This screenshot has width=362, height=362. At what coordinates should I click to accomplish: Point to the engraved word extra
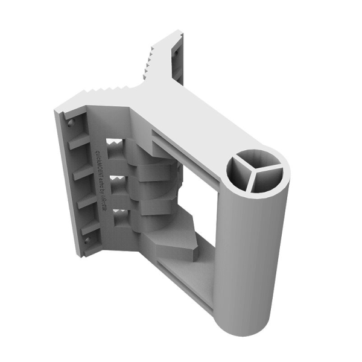pos(101,181)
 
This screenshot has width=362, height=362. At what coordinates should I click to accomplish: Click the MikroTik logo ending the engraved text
pos(104,208)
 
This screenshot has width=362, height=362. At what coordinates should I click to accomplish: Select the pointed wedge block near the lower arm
pos(175,241)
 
